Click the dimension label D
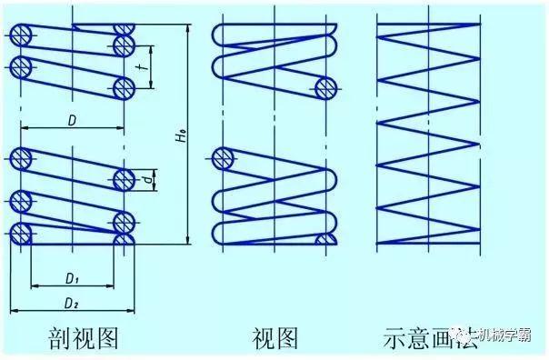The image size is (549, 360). click(x=72, y=119)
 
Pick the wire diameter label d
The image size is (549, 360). click(x=148, y=179)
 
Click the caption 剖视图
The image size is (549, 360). click(x=85, y=339)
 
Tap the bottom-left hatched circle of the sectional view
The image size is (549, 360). click(x=20, y=235)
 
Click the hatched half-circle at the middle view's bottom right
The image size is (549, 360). click(x=327, y=239)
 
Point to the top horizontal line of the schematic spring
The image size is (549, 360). click(x=427, y=23)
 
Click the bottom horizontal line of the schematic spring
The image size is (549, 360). click(x=427, y=245)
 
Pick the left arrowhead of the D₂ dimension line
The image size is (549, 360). click(x=14, y=310)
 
